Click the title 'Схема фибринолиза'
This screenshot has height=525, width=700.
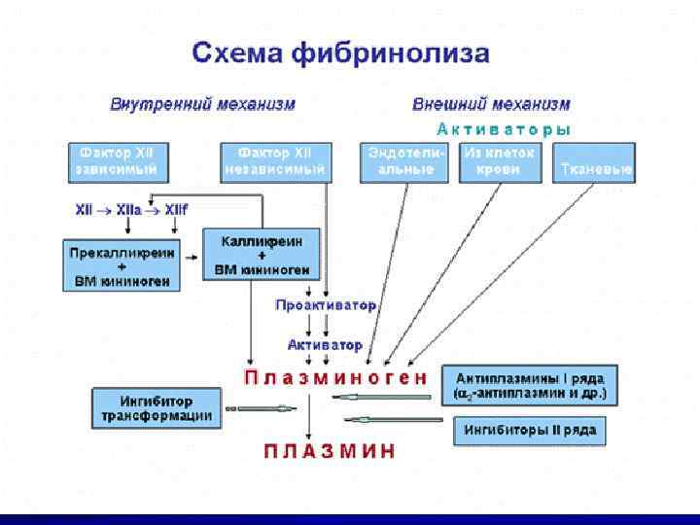340,52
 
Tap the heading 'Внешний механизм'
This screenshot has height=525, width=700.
491,104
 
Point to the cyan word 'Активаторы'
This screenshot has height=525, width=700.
503,128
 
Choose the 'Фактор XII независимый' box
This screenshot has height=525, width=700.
276,161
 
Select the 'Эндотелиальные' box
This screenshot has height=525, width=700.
406,161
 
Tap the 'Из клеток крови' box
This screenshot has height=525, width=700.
499,161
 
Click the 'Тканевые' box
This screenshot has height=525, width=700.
594,162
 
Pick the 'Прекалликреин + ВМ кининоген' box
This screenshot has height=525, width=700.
122,264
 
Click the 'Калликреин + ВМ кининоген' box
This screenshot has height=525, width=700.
256,255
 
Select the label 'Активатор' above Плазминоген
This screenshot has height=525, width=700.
325,344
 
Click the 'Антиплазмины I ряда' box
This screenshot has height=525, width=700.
529,386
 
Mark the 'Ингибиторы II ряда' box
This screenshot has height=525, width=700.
529,430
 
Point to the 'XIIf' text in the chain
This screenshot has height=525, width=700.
177,208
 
